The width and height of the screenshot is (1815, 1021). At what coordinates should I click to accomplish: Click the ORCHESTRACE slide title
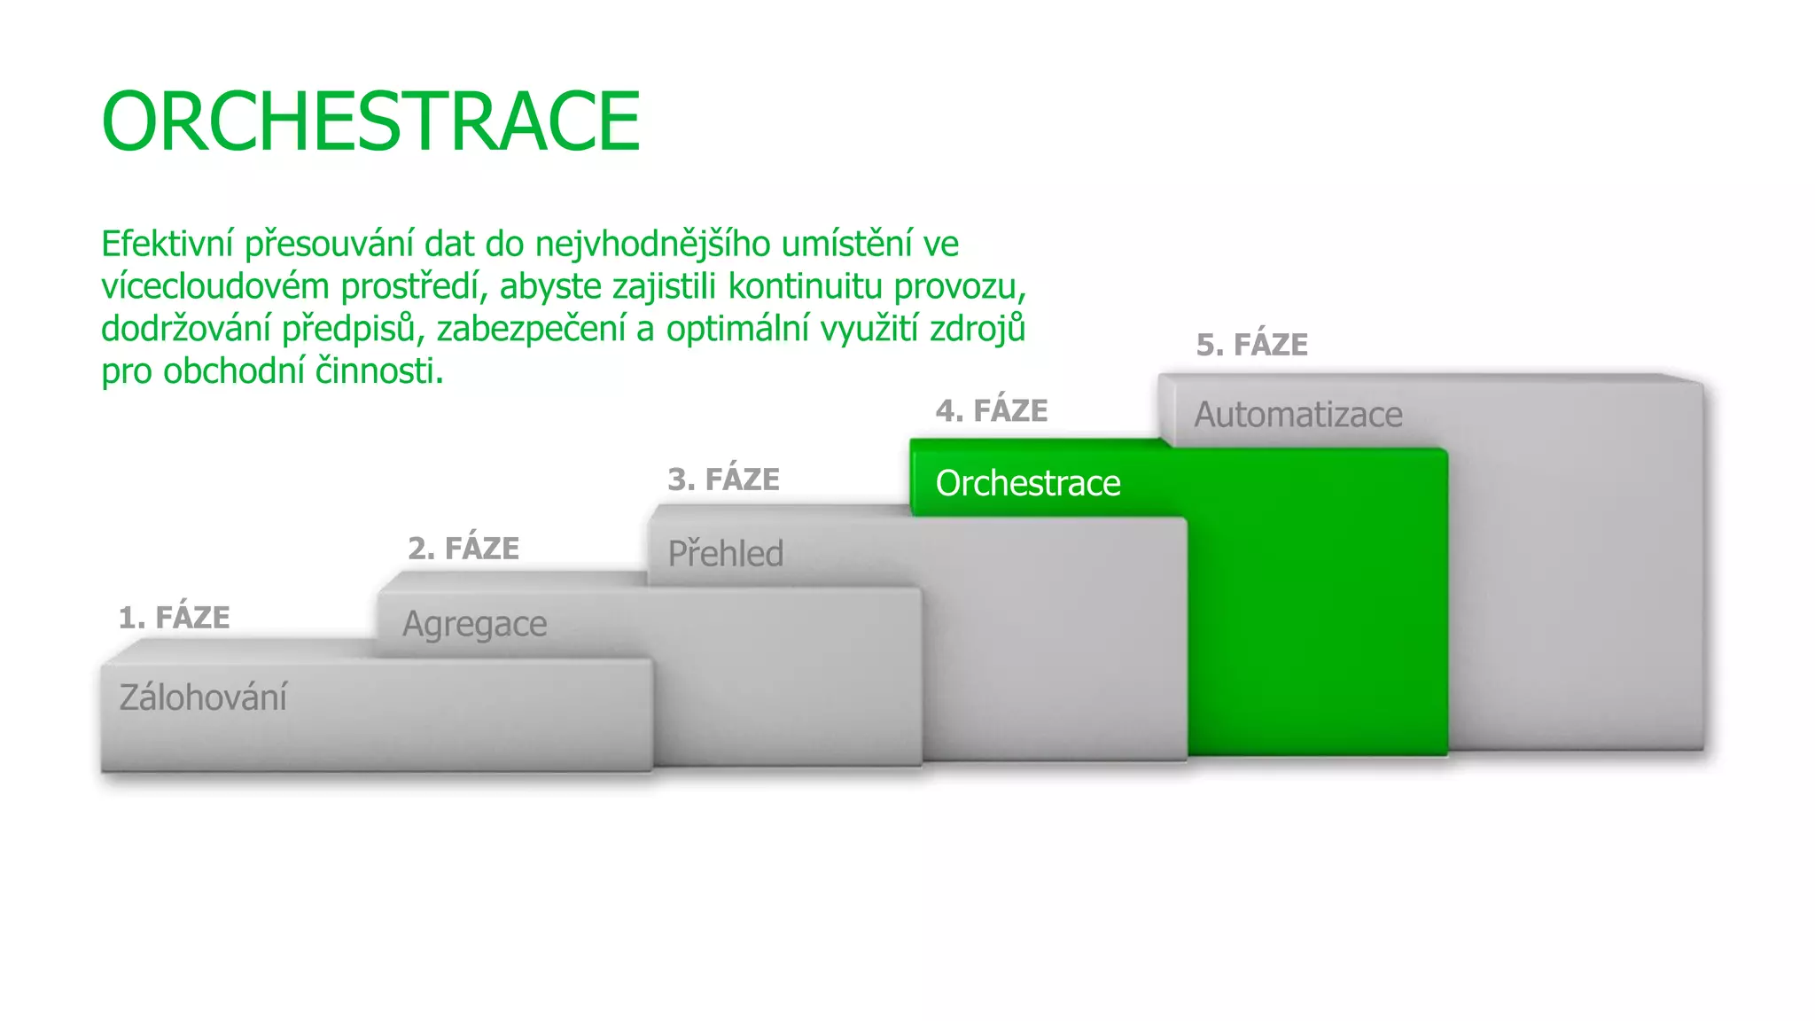click(370, 121)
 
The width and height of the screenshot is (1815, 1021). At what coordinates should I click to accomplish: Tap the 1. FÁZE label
click(175, 618)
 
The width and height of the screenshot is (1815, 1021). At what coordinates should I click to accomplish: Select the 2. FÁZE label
click(463, 549)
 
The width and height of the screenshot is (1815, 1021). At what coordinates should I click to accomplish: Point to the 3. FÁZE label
click(723, 479)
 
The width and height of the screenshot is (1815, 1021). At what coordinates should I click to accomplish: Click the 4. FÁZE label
click(992, 411)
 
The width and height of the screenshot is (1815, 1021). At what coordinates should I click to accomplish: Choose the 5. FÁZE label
click(1251, 345)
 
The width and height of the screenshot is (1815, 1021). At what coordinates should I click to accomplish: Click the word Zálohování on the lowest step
click(203, 698)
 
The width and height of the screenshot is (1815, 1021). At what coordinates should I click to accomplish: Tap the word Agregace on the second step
click(474, 625)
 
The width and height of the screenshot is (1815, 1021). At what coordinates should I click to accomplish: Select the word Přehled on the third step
click(725, 554)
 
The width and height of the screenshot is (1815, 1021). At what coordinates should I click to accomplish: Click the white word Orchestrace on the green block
click(1028, 484)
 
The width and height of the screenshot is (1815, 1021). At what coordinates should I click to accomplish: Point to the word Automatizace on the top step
click(1297, 415)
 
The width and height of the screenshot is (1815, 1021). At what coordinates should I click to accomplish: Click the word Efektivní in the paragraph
click(167, 244)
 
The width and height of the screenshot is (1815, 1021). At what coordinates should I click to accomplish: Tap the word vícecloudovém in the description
click(214, 286)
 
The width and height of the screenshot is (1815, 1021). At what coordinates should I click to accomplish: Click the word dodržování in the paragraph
click(185, 329)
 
